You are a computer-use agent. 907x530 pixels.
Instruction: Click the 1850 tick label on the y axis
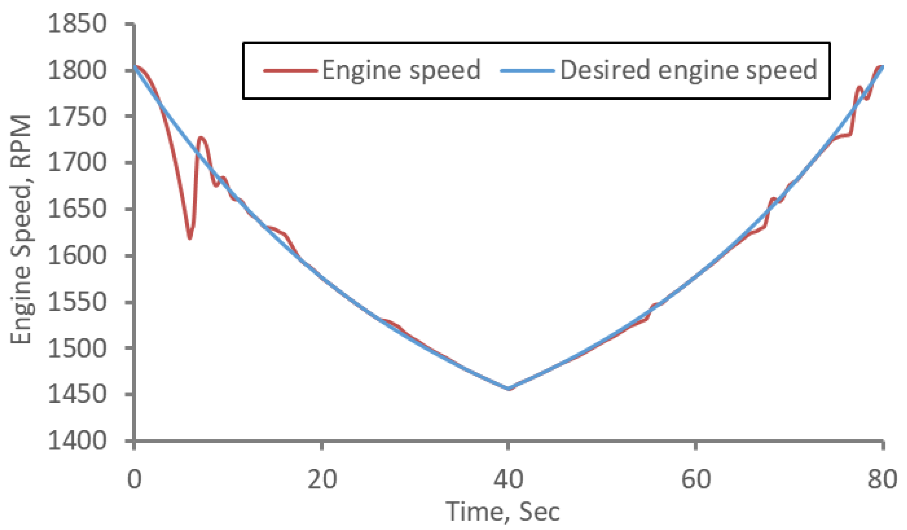(x=77, y=24)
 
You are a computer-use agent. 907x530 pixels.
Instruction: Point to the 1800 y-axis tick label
(x=77, y=70)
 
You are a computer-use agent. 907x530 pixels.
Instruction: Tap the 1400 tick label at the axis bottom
(x=77, y=441)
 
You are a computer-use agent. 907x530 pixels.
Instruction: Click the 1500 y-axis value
(x=77, y=348)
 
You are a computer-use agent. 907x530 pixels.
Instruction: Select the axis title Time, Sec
(x=502, y=512)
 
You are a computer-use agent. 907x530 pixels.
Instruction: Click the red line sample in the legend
(x=291, y=71)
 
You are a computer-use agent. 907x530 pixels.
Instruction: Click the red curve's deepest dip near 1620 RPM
(x=190, y=237)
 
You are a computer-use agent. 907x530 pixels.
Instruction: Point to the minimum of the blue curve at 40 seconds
(x=508, y=389)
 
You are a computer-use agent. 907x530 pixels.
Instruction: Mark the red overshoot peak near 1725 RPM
(x=201, y=138)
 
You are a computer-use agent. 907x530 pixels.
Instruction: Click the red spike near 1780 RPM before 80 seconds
(x=859, y=87)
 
